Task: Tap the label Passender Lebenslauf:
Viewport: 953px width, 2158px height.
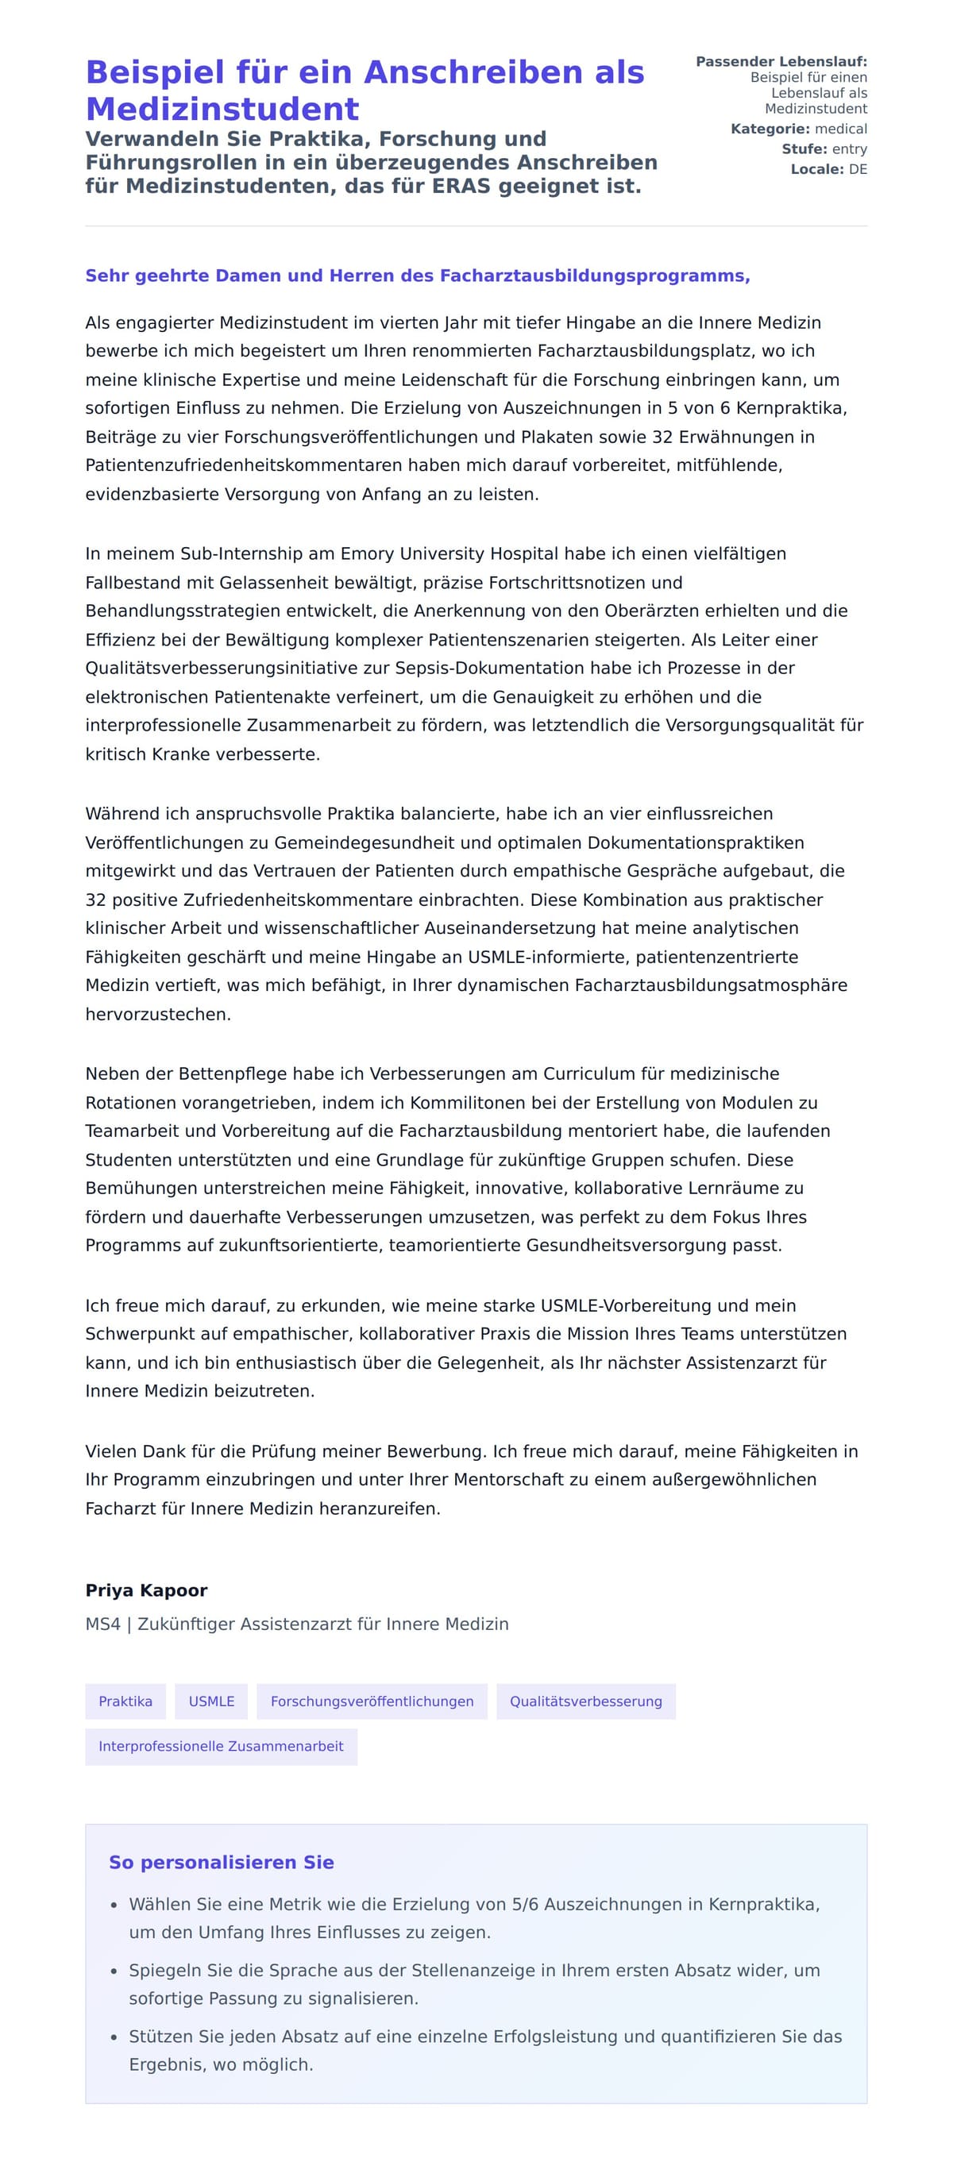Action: tap(781, 62)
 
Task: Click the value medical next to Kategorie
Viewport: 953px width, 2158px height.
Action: tap(840, 129)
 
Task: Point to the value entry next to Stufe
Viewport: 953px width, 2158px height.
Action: tap(849, 149)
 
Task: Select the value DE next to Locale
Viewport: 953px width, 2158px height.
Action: tap(858, 169)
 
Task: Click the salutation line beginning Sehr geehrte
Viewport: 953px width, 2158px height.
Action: tap(417, 276)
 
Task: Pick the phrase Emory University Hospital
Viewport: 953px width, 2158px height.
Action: tap(449, 553)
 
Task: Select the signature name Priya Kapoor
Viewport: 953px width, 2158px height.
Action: tap(146, 1591)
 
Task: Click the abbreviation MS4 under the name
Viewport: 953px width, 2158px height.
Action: tap(102, 1624)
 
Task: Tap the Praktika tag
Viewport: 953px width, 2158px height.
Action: tap(125, 1701)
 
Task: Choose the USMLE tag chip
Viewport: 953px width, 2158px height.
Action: tap(211, 1701)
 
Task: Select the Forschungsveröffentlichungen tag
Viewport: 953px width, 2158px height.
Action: tap(372, 1701)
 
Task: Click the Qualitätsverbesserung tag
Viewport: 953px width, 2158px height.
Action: tap(585, 1701)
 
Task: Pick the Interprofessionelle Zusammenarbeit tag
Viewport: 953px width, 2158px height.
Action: tap(221, 1747)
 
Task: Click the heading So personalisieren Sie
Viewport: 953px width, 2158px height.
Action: tap(222, 1863)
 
